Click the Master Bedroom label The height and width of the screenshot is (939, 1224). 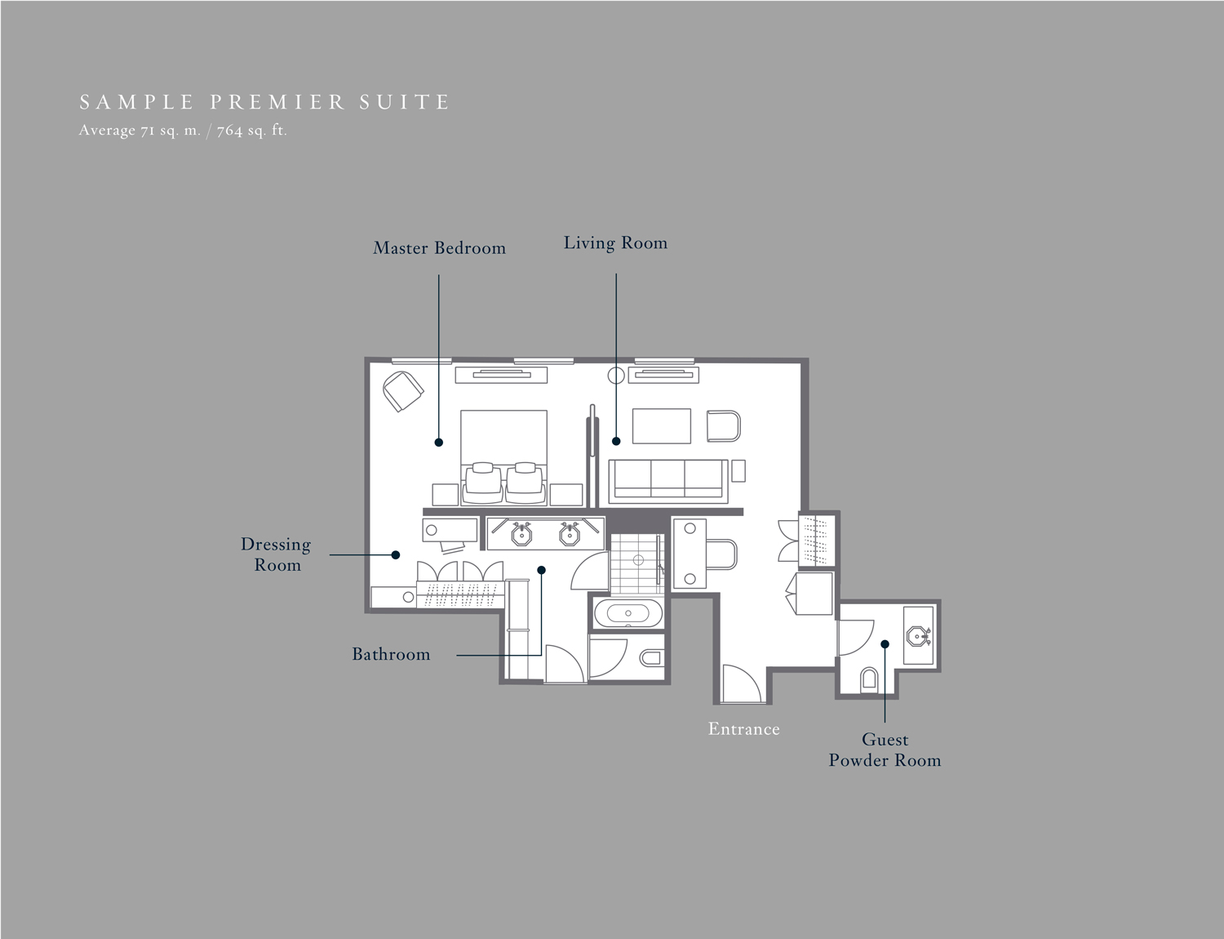click(x=439, y=248)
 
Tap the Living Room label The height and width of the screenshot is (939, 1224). click(x=615, y=243)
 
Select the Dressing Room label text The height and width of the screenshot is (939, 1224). click(x=276, y=554)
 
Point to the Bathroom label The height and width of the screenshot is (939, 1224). click(x=391, y=654)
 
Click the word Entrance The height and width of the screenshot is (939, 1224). click(x=744, y=729)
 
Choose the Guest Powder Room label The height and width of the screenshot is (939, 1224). click(x=885, y=750)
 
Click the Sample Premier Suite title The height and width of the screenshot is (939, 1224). click(x=264, y=102)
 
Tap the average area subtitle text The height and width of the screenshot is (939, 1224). click(x=183, y=130)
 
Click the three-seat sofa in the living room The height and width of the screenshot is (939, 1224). click(x=668, y=481)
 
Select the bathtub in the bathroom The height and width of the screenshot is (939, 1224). click(x=628, y=613)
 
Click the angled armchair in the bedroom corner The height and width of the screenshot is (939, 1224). click(x=403, y=391)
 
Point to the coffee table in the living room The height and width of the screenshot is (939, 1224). click(x=662, y=426)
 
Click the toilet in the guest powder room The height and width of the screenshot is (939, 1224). click(x=870, y=679)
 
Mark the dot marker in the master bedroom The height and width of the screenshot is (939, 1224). click(x=439, y=443)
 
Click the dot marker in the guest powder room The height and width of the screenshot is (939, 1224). click(x=885, y=643)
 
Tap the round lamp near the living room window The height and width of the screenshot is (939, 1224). click(x=616, y=376)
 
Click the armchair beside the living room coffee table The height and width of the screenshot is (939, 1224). click(x=724, y=426)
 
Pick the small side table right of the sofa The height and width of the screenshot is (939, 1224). click(x=738, y=470)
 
